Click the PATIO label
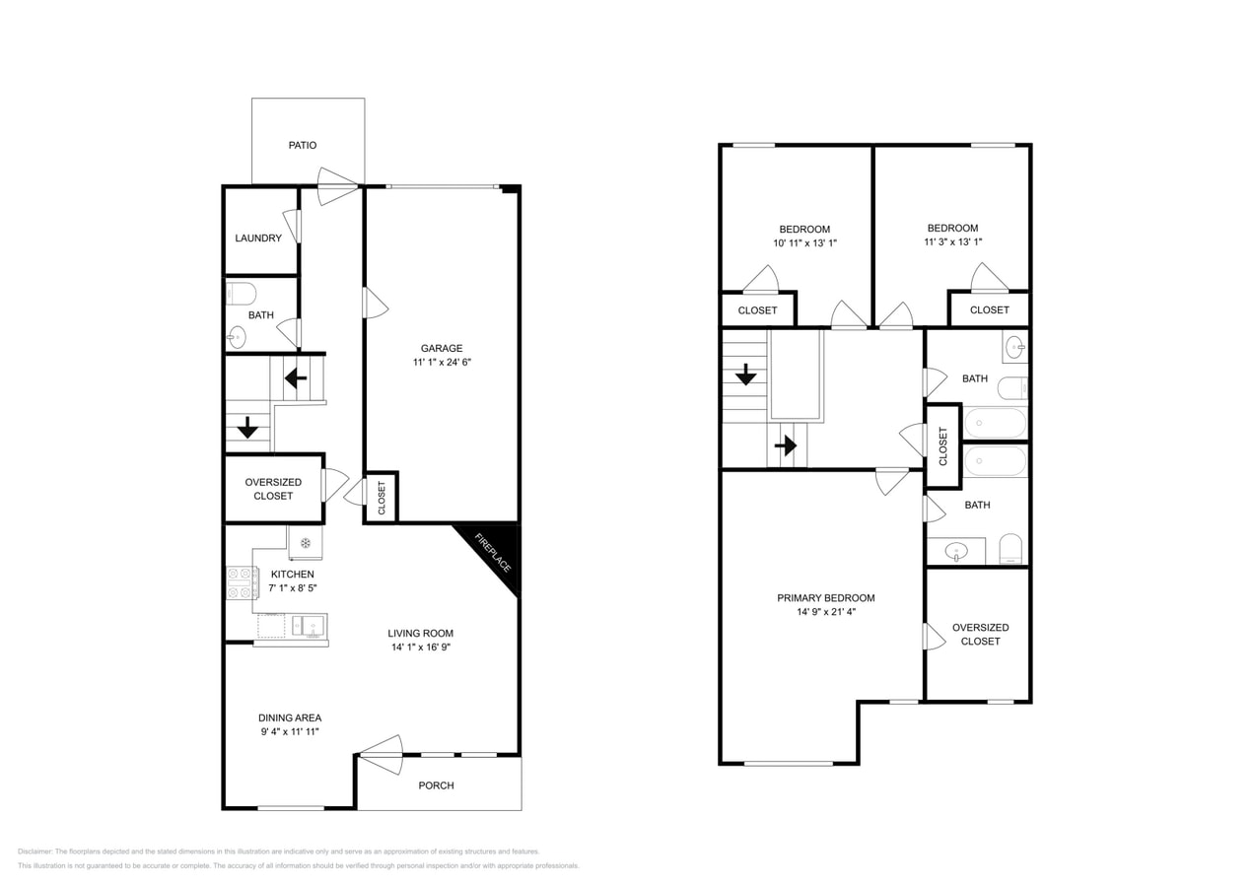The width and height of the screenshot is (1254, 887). (x=303, y=145)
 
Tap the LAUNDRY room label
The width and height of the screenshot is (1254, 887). (x=258, y=238)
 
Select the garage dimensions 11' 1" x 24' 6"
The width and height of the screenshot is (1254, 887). (x=442, y=362)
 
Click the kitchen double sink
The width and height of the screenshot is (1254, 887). (x=309, y=625)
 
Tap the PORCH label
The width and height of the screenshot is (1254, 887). (x=436, y=785)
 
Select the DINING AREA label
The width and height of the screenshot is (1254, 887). (x=290, y=717)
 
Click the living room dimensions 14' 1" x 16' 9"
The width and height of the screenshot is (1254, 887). (x=420, y=647)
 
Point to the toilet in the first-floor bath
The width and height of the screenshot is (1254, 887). (x=242, y=293)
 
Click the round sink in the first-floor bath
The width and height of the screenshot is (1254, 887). (x=237, y=337)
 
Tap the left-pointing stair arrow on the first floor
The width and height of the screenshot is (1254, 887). (x=296, y=378)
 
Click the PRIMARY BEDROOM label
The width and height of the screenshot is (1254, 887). (x=826, y=597)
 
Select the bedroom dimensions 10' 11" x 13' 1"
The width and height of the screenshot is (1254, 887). (x=805, y=242)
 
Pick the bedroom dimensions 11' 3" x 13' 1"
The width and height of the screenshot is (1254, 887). (x=952, y=241)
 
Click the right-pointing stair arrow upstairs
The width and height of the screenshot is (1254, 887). (x=786, y=446)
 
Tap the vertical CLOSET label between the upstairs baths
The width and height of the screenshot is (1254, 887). (x=942, y=446)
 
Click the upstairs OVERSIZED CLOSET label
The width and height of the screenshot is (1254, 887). (x=980, y=634)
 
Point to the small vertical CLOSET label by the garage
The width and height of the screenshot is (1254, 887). (x=382, y=498)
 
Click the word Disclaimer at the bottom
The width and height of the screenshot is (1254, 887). (x=35, y=852)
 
